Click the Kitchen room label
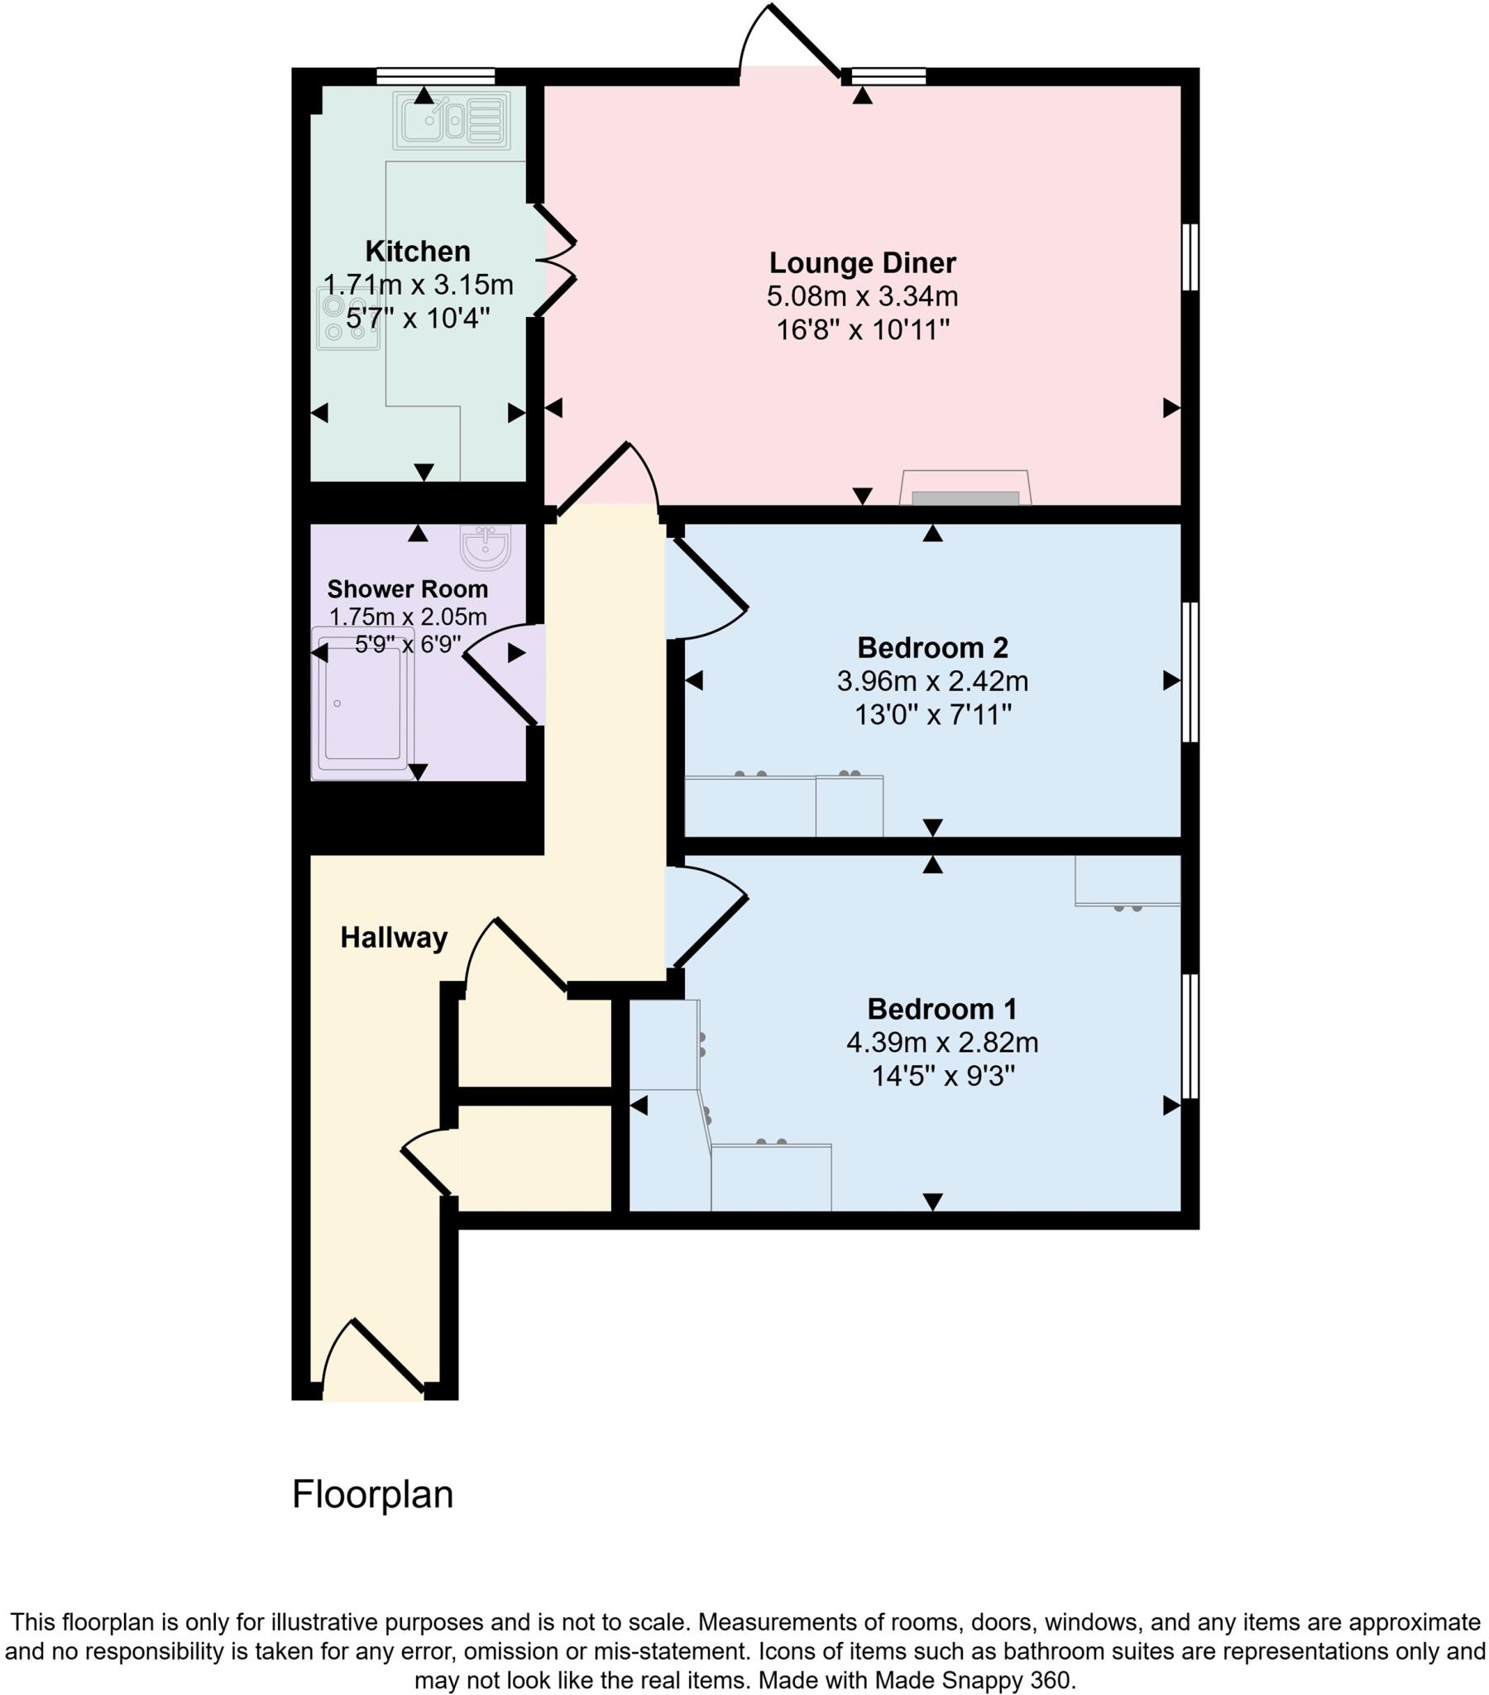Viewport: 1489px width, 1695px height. pyautogui.click(x=417, y=251)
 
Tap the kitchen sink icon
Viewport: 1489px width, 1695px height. pyautogui.click(x=452, y=120)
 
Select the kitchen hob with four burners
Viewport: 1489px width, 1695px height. pyautogui.click(x=347, y=319)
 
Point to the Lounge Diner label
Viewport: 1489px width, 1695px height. pyautogui.click(x=862, y=262)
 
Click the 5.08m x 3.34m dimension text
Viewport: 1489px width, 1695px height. pyautogui.click(x=862, y=296)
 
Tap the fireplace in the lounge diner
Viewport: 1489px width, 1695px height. pyautogui.click(x=965, y=489)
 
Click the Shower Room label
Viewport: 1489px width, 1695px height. pyautogui.click(x=407, y=588)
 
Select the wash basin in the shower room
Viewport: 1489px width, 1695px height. pyautogui.click(x=486, y=546)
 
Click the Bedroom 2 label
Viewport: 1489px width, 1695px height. pyautogui.click(x=933, y=647)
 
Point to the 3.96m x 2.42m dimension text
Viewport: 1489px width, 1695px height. pyautogui.click(x=933, y=681)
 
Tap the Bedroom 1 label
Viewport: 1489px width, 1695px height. pyautogui.click(x=942, y=1009)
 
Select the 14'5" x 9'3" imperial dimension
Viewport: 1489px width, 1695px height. pyautogui.click(x=943, y=1077)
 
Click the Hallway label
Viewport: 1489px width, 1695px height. pyautogui.click(x=394, y=938)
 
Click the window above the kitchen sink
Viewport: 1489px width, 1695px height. pyautogui.click(x=435, y=76)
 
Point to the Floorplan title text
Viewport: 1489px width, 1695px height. pyautogui.click(x=372, y=1495)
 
